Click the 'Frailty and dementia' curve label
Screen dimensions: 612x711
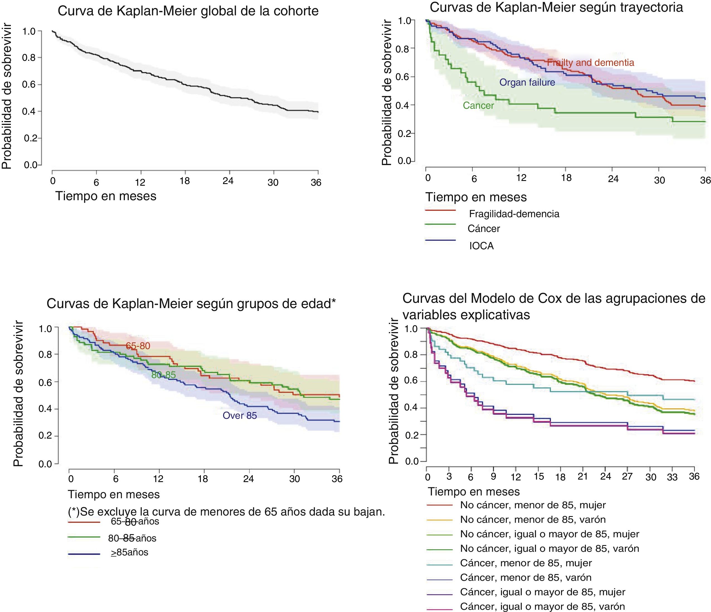click(590, 62)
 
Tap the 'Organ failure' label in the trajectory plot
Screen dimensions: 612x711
click(527, 82)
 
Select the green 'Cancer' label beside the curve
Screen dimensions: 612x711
click(478, 105)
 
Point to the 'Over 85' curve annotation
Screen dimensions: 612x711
click(239, 416)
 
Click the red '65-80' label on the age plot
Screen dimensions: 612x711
click(138, 346)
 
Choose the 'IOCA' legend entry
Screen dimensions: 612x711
click(481, 246)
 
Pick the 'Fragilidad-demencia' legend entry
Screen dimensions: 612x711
click(514, 214)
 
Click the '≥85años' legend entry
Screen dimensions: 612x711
click(129, 553)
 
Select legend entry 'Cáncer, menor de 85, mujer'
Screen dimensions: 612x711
click(526, 563)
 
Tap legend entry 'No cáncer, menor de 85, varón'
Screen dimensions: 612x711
click(533, 519)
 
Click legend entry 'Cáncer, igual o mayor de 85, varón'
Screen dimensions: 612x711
click(542, 606)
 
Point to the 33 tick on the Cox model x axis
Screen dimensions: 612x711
click(672, 477)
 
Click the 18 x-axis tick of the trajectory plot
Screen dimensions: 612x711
click(566, 178)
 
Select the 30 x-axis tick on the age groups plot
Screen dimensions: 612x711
click(294, 478)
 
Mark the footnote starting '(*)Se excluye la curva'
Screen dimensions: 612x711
click(227, 512)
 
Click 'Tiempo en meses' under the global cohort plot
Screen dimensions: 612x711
click(106, 196)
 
